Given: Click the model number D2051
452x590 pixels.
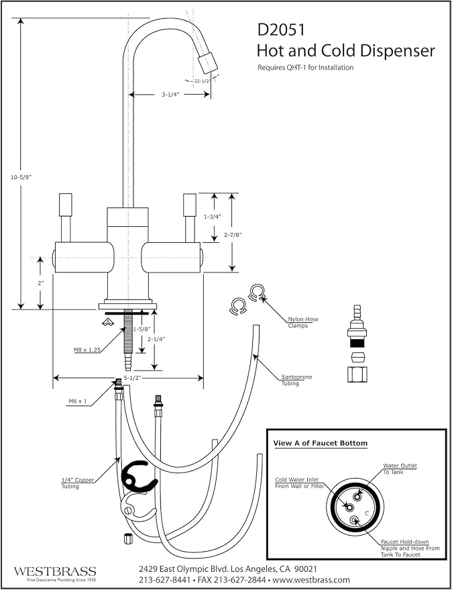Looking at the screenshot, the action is [x=281, y=30].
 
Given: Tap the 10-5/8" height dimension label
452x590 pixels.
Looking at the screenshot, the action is [x=21, y=178].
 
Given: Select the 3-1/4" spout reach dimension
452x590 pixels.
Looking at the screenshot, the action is [x=170, y=95].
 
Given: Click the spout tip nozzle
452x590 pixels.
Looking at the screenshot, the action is [x=208, y=63].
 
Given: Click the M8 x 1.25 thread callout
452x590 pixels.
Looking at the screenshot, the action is [x=87, y=350].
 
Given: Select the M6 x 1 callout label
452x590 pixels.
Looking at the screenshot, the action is [x=78, y=401].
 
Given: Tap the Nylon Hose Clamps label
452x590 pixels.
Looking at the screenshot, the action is [x=302, y=322].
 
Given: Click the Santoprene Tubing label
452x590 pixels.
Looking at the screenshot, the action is [x=296, y=380].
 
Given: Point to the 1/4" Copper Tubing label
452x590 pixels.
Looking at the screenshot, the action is [x=78, y=483].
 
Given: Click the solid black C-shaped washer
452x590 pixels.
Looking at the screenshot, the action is [x=138, y=477].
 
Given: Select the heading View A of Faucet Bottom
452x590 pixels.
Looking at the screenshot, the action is [x=320, y=443].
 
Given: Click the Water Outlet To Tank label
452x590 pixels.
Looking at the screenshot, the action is [x=400, y=469].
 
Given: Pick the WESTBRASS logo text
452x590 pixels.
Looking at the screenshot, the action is [x=55, y=572].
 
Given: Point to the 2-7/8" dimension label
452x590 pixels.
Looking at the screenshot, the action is [x=233, y=235].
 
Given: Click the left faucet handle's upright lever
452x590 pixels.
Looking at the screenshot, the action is [x=66, y=217].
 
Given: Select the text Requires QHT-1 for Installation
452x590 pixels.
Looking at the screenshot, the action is [x=305, y=68].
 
